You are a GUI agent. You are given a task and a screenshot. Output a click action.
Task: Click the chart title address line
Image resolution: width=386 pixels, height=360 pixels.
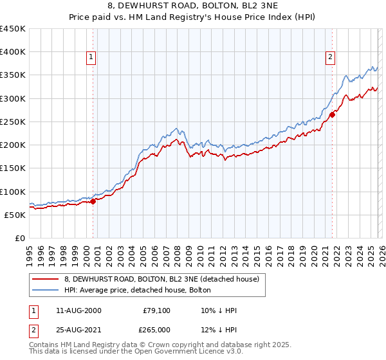pyautogui.click(x=193, y=5)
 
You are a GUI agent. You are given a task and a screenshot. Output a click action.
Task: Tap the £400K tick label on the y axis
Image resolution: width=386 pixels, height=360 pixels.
pyautogui.click(x=13, y=52)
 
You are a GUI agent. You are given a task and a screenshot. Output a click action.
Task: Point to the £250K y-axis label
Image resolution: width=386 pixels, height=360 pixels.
pyautogui.click(x=13, y=122)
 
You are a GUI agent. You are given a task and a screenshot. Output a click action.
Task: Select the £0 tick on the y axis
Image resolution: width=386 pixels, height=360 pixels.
pyautogui.click(x=20, y=238)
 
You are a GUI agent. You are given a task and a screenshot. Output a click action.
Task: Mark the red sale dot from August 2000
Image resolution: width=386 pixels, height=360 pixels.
pyautogui.click(x=93, y=201)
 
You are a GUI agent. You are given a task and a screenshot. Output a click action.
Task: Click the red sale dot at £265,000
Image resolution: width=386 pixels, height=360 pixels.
pyautogui.click(x=333, y=115)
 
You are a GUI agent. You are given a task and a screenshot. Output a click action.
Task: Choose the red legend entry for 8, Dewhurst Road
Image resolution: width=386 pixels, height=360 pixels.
pyautogui.click(x=161, y=279)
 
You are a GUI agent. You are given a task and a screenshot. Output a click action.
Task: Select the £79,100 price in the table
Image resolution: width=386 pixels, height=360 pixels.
pyautogui.click(x=156, y=310)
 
